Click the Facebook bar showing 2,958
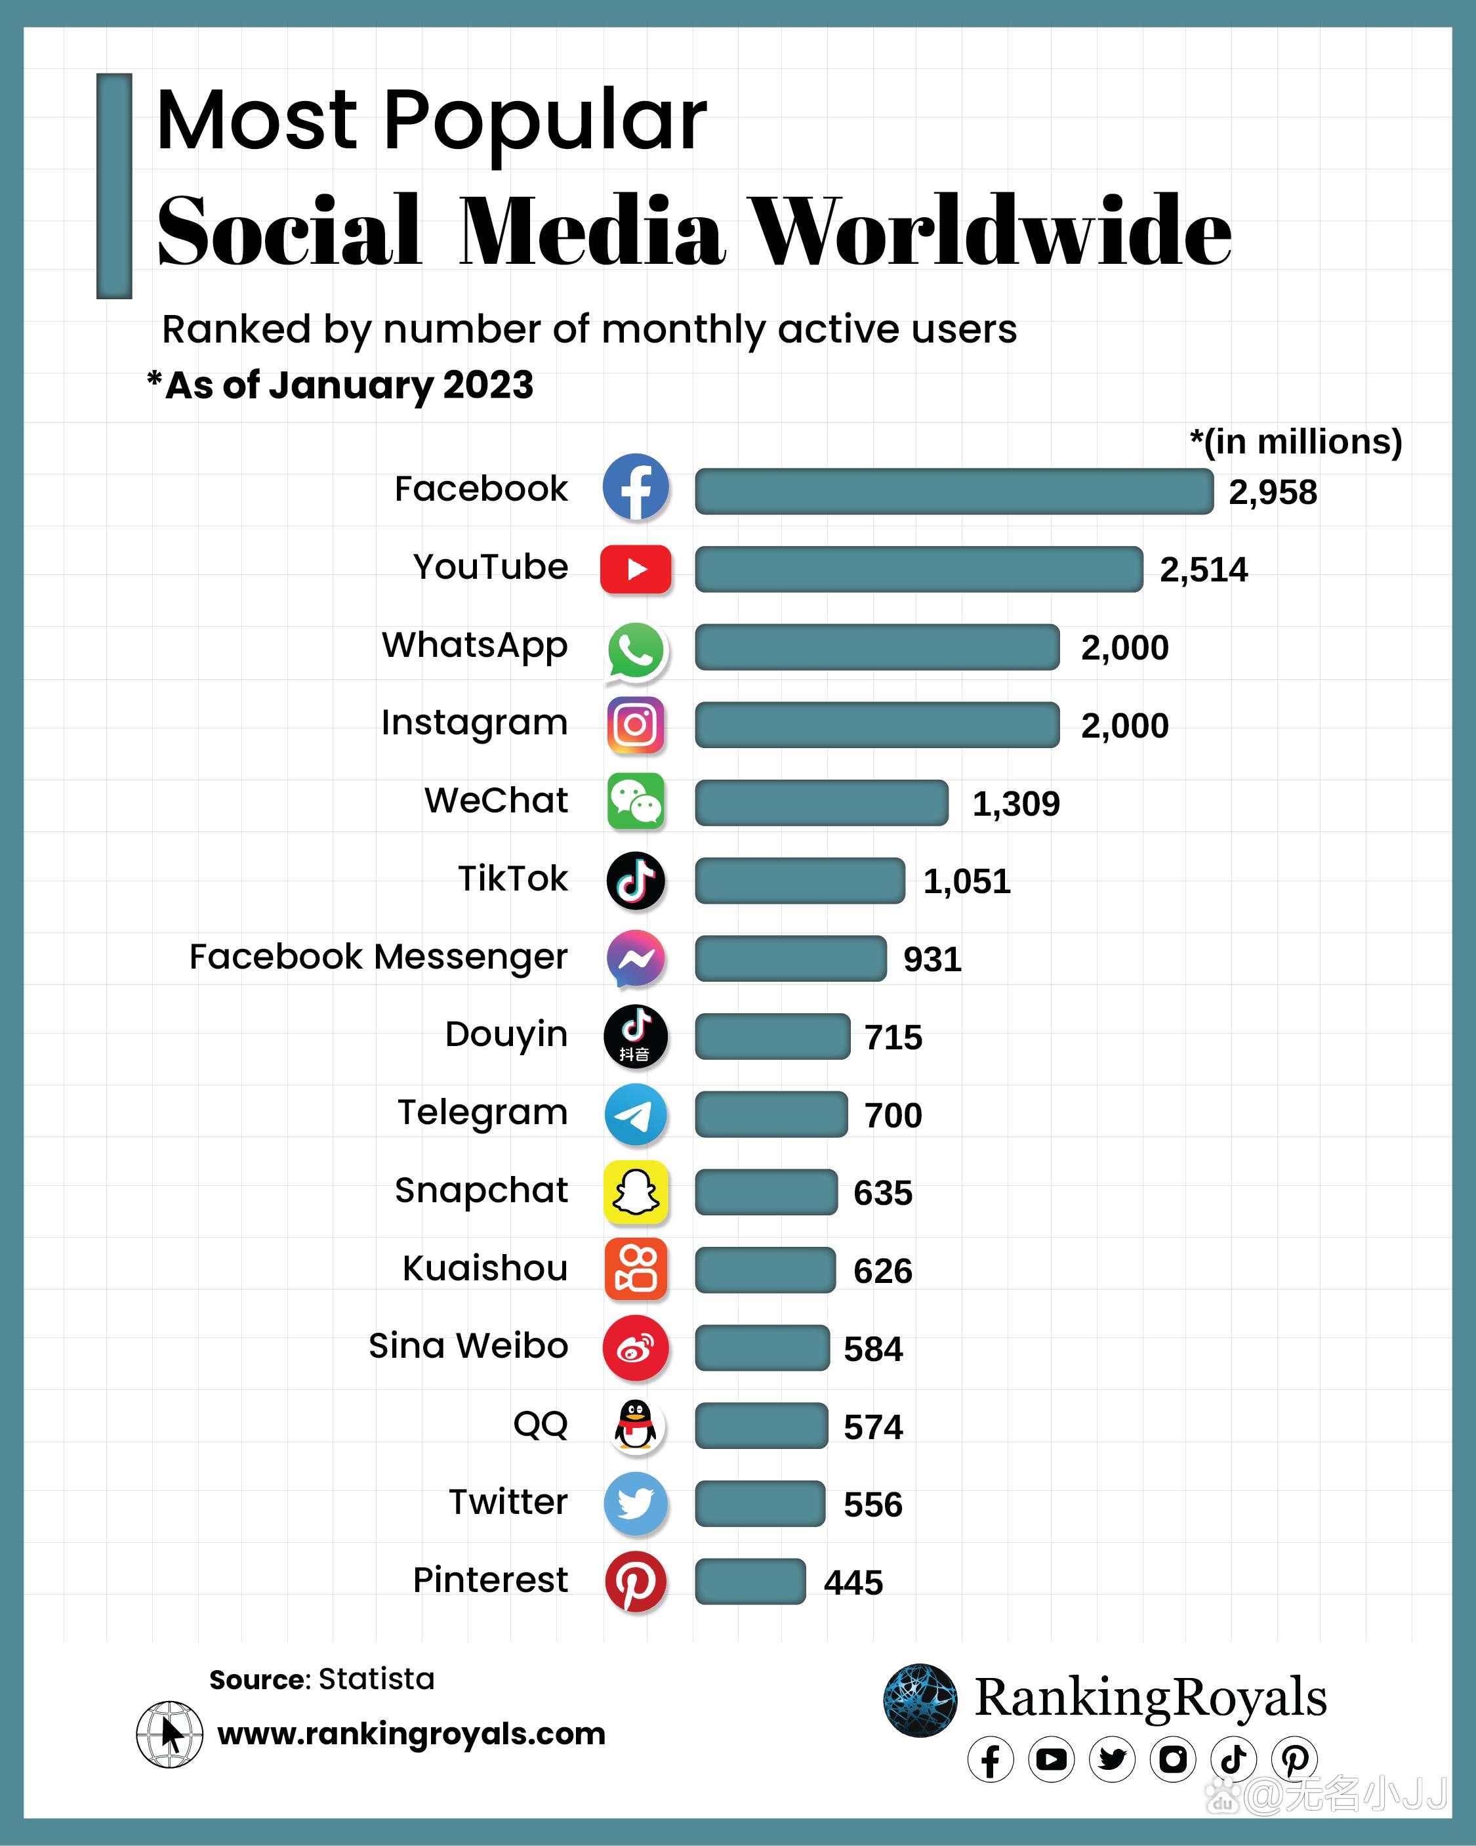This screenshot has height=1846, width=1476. [953, 492]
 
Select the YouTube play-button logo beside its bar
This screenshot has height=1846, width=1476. [635, 568]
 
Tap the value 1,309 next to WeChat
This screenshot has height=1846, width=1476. [1015, 803]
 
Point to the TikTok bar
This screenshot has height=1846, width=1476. [800, 880]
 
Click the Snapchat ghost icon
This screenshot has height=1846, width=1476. [635, 1191]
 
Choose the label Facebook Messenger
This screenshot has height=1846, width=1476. [378, 956]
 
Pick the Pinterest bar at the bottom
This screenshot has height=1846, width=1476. [750, 1581]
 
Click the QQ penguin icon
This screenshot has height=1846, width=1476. [635, 1425]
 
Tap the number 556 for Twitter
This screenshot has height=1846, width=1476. [872, 1504]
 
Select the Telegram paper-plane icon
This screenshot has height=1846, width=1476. [635, 1114]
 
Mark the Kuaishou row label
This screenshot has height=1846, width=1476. [485, 1268]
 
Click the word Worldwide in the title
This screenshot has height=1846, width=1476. [990, 231]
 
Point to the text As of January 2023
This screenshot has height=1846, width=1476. [348, 385]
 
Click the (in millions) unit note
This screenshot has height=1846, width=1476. [1296, 442]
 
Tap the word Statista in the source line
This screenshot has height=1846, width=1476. [376, 1679]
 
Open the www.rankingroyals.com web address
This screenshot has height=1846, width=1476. [411, 1734]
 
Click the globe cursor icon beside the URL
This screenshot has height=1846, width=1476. [169, 1734]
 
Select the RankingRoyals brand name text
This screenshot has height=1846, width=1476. [1150, 1698]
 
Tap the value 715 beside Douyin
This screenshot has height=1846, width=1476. [893, 1037]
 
